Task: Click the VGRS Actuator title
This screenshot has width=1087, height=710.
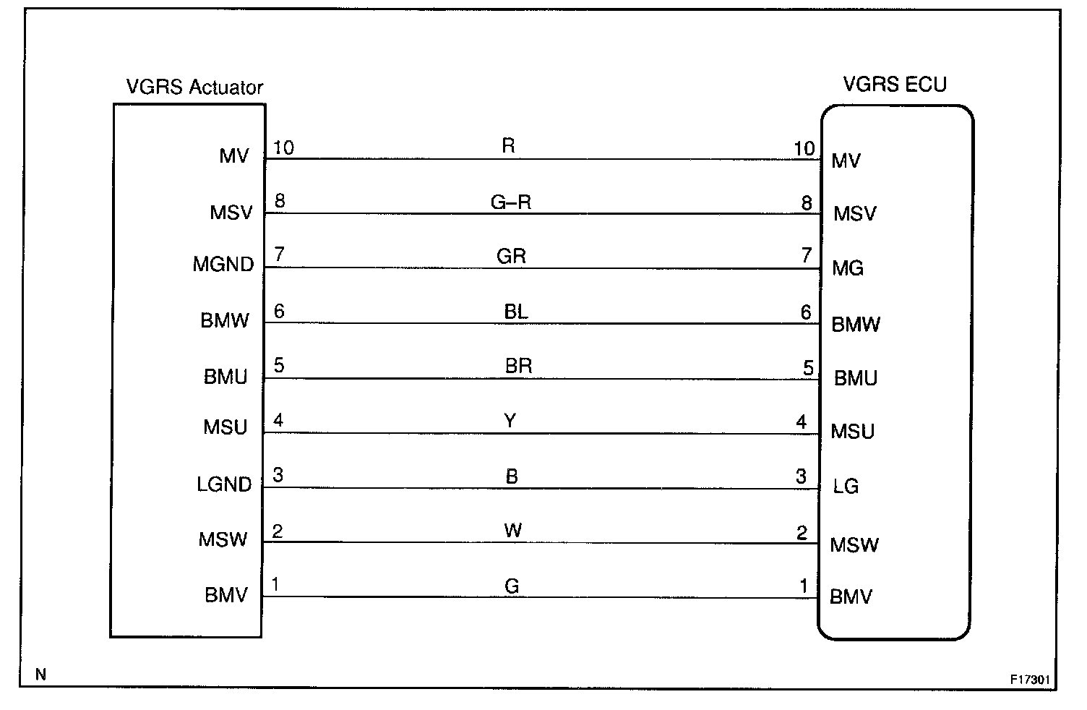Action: [x=194, y=87]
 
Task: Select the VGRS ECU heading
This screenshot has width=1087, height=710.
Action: [x=894, y=85]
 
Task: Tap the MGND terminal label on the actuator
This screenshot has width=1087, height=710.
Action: [x=223, y=265]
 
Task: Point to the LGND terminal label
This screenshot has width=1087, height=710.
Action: [x=224, y=484]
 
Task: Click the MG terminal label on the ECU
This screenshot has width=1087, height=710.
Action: [x=848, y=268]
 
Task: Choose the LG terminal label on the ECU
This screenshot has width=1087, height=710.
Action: [x=846, y=486]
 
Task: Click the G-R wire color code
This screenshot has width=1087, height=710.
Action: [x=511, y=202]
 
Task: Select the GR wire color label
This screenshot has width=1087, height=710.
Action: [x=511, y=256]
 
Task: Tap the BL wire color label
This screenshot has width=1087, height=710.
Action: [x=516, y=312]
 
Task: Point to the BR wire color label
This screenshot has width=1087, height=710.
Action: [x=518, y=366]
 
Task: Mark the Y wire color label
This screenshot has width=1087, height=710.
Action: [x=510, y=421]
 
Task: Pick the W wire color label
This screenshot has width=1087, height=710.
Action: [x=512, y=531]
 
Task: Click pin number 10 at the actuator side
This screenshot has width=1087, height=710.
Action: [x=283, y=147]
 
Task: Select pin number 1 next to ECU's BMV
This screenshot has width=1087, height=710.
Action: [x=803, y=586]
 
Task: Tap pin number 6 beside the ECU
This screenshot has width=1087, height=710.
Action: [x=806, y=312]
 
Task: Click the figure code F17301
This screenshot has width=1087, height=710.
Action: [x=1030, y=680]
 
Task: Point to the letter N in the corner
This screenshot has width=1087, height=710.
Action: [x=40, y=675]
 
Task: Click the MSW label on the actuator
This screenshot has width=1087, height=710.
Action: [x=223, y=539]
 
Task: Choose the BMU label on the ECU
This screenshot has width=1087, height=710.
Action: [x=855, y=378]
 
